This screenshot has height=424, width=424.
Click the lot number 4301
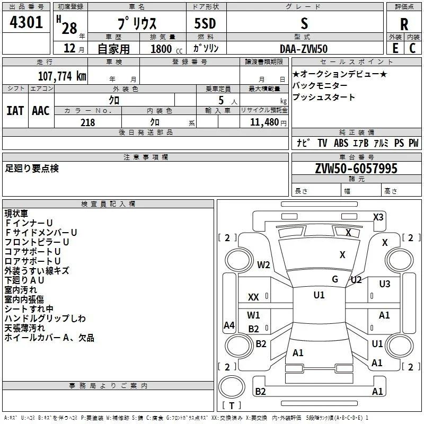tap(26, 22)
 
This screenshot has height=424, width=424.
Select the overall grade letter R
tap(404, 24)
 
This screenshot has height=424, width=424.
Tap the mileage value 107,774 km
tap(62, 76)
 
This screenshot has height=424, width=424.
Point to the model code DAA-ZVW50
tap(304, 49)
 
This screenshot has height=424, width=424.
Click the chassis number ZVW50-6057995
tap(356, 169)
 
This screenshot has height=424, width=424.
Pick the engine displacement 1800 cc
tap(166, 49)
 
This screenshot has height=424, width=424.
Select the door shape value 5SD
tap(205, 23)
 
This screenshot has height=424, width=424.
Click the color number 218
tap(87, 122)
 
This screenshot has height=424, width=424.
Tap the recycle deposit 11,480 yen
tap(268, 122)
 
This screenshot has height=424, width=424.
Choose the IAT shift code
tap(15, 111)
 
